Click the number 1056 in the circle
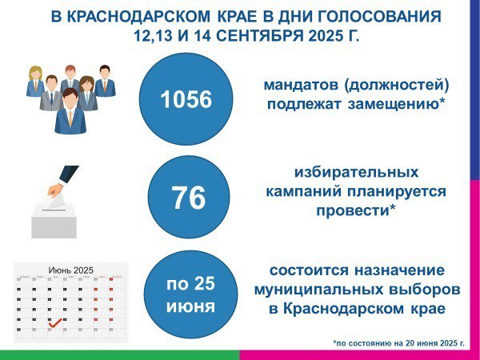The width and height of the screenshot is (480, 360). click(186, 99)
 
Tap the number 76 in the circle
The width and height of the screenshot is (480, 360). click(188, 198)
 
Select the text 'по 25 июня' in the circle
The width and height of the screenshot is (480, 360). click(190, 294)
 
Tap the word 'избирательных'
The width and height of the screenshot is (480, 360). click(356, 172)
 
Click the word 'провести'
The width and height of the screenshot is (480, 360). click(352, 211)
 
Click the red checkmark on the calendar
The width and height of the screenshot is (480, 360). click(55, 322)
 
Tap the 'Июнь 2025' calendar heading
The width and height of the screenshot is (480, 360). click(70, 270)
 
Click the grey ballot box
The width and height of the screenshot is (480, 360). click(54, 220)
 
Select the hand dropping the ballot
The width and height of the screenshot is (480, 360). click(62, 180)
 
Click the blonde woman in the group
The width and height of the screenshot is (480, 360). click(35, 81)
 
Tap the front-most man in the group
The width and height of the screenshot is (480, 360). click(70, 111)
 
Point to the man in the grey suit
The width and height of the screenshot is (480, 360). click(51, 93)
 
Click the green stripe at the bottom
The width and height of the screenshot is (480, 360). click(120, 355)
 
